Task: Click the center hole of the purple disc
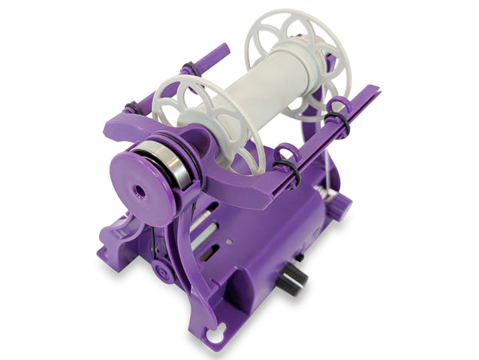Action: pos(141,192)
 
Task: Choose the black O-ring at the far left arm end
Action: pos(133,108)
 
